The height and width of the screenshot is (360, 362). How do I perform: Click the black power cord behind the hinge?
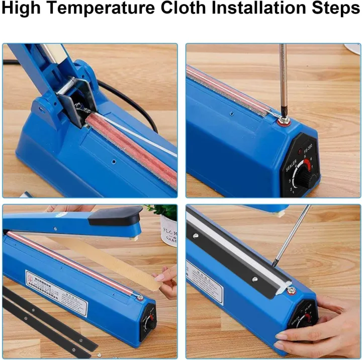click(126, 98)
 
